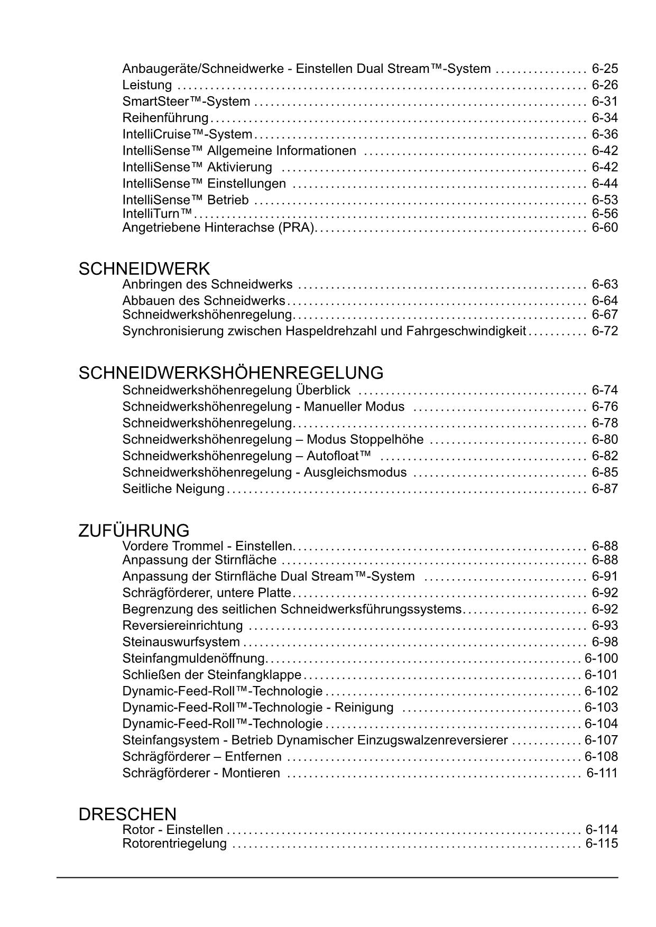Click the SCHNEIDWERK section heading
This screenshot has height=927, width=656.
point(144,269)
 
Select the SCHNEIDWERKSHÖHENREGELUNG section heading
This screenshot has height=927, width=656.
point(230,373)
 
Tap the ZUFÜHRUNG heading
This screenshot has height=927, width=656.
point(133,531)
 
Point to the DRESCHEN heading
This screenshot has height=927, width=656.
point(127,814)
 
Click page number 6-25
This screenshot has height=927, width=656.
point(605,69)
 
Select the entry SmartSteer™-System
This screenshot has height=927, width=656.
point(186,101)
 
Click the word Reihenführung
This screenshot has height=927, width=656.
point(165,118)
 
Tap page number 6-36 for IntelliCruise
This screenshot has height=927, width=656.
point(605,134)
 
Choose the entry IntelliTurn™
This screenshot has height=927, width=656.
point(158,214)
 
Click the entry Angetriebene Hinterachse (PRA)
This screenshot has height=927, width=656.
point(218,228)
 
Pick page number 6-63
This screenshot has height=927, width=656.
point(605,284)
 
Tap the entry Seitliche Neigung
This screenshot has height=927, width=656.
point(173,489)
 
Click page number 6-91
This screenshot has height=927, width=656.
point(605,576)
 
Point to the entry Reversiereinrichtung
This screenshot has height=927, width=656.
point(182,626)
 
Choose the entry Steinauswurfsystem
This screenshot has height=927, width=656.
point(181,642)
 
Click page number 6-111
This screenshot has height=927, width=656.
point(602,773)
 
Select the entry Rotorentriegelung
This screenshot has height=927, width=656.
point(174,843)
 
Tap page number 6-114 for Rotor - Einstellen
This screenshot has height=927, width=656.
point(602,830)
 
